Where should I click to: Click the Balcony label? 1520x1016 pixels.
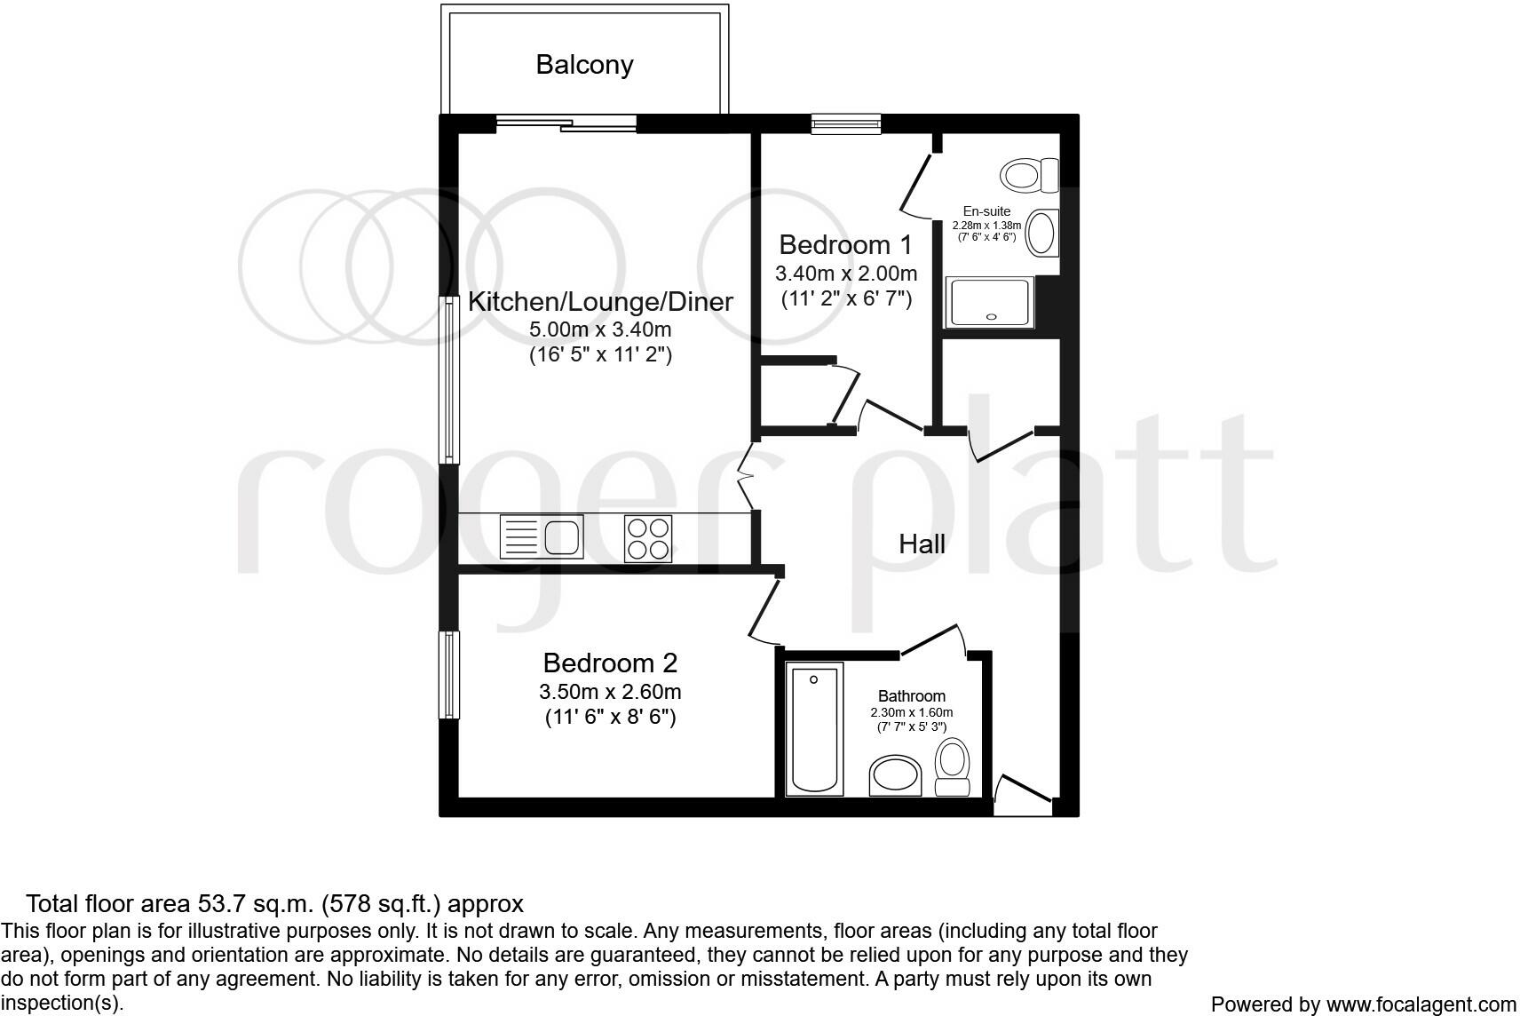click(584, 65)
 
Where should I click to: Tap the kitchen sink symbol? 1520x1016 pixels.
click(542, 536)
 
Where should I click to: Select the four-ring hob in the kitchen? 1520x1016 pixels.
click(647, 538)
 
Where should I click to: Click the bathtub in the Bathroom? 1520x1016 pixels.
click(814, 727)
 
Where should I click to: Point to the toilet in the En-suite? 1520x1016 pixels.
click(1030, 175)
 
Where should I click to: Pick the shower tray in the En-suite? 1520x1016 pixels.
click(990, 301)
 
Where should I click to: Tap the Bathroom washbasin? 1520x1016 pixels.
click(896, 776)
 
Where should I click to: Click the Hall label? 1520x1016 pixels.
click(922, 544)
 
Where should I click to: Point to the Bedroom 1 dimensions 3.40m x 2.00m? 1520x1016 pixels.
click(846, 273)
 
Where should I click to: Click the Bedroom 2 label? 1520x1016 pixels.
click(610, 663)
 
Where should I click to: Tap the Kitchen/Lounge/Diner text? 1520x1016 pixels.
click(600, 302)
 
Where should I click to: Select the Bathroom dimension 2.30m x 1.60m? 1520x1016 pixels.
click(911, 712)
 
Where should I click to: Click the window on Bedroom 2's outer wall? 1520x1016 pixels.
click(451, 675)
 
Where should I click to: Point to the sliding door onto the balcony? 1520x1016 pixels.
click(566, 124)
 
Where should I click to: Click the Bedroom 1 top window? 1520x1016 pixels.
click(846, 124)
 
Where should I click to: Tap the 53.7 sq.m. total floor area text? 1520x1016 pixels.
click(275, 904)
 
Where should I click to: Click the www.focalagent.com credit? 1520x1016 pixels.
click(1421, 1004)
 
